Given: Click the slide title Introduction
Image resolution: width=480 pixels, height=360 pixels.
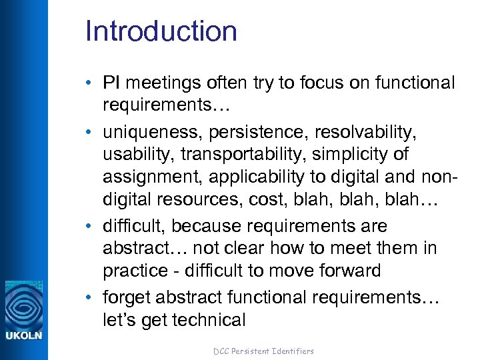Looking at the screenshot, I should point(161,31).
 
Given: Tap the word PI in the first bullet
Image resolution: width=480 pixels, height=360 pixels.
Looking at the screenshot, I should point(111,83).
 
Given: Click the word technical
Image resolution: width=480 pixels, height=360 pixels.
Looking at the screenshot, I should point(208,319).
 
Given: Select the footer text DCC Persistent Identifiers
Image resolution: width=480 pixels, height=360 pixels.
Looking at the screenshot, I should point(263,351).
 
